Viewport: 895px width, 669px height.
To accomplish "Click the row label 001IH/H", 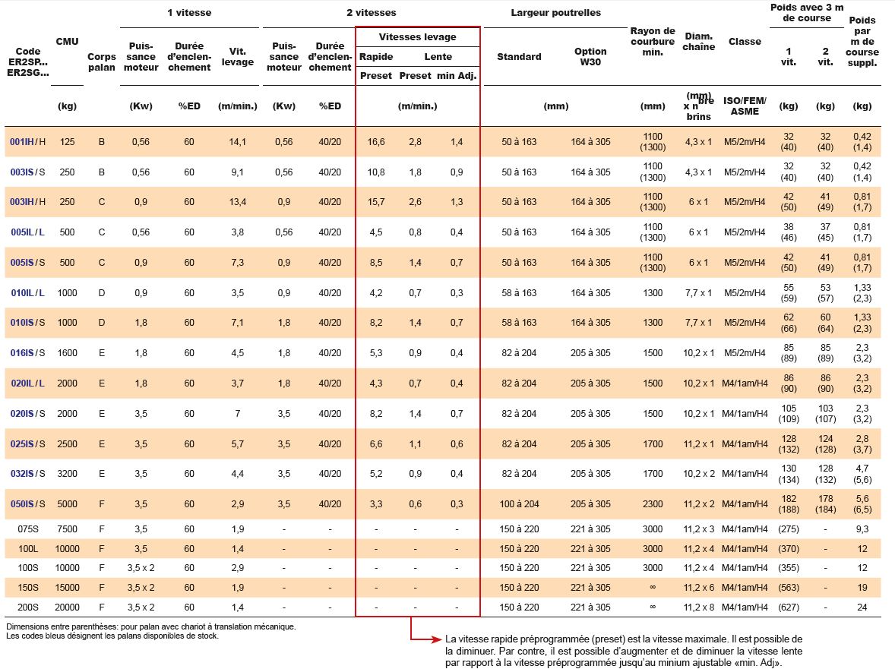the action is [28, 142].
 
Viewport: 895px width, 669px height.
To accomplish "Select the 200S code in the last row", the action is [28, 607].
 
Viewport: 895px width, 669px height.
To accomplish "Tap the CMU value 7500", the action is [68, 529].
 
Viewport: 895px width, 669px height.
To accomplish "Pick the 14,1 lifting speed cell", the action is [238, 142].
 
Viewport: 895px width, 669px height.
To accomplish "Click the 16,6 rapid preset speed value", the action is [376, 142].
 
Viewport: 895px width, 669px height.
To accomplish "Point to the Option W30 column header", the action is [590, 56].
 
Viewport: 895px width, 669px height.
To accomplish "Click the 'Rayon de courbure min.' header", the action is [653, 42].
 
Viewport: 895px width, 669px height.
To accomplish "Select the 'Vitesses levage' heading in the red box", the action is [417, 37].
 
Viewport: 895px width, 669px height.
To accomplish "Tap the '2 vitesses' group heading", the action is [371, 13].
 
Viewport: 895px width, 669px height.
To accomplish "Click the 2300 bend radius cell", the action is [653, 504].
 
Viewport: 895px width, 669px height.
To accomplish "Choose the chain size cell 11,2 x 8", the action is [699, 607].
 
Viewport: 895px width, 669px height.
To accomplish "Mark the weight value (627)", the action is [789, 607].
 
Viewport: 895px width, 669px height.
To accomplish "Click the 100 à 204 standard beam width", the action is [519, 504].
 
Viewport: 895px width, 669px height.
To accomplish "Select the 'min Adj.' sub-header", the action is [457, 76].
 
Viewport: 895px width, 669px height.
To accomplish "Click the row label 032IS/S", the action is [28, 474].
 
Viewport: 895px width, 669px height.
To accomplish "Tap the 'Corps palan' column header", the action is [102, 62].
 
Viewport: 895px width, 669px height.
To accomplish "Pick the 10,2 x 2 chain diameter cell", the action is [699, 474].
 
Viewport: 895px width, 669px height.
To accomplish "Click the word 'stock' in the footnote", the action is [207, 636].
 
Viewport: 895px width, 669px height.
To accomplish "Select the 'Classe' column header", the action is [745, 42].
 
